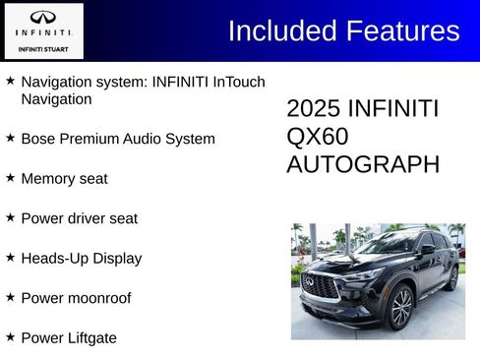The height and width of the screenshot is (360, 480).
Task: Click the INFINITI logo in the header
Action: tap(42, 18)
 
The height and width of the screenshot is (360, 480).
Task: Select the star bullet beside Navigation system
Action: tap(10, 81)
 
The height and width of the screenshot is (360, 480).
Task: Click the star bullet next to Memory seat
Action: tap(10, 178)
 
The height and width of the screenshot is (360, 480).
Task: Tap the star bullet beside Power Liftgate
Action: tap(10, 336)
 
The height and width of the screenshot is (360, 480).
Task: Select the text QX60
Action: tap(318, 137)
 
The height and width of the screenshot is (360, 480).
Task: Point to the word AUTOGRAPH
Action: tap(362, 164)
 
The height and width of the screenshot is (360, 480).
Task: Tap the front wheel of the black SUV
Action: tap(400, 307)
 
